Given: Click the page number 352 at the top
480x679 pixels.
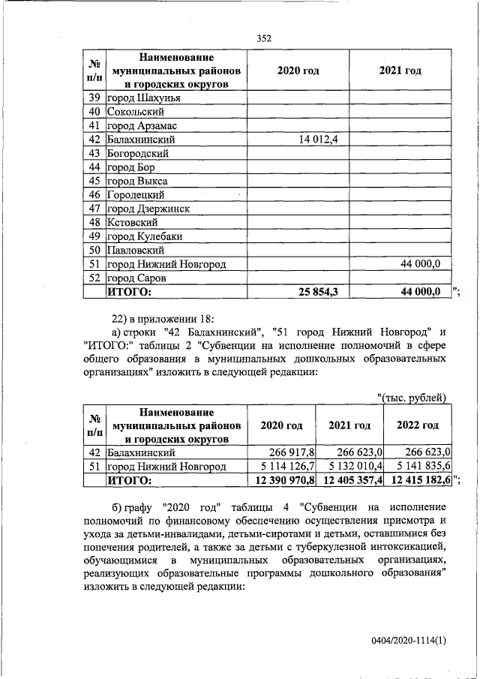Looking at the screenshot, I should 262,38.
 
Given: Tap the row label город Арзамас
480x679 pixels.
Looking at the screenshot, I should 142,125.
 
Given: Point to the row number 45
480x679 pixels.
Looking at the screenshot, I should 94,181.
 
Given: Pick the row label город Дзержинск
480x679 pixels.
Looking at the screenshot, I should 147,209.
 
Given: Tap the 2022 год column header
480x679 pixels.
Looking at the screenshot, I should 418,425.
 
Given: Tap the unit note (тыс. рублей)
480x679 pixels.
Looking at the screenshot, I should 412,397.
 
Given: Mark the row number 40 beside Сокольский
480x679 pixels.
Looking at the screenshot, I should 94,112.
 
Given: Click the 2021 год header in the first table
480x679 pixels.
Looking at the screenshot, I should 400,71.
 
